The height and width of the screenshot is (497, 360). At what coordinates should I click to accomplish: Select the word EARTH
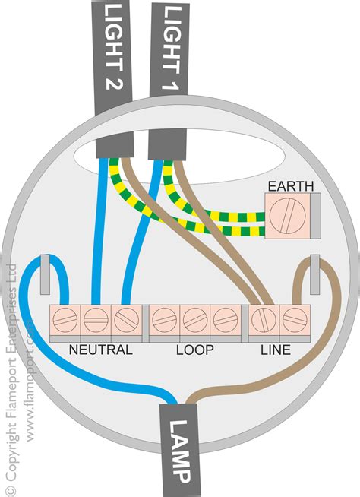pyautogui.click(x=283, y=185)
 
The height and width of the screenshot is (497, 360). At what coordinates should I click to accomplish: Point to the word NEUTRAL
pyautogui.click(x=100, y=350)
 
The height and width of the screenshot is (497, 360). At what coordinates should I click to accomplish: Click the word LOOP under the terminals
pyautogui.click(x=195, y=350)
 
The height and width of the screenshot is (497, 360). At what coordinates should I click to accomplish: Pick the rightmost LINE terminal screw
pyautogui.click(x=295, y=321)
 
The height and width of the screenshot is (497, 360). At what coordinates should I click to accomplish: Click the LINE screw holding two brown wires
pyautogui.click(x=264, y=321)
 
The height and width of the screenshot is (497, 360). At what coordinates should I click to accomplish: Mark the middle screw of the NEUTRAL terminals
pyautogui.click(x=94, y=321)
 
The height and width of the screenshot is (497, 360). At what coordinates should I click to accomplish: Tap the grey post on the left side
pyautogui.click(x=45, y=274)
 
